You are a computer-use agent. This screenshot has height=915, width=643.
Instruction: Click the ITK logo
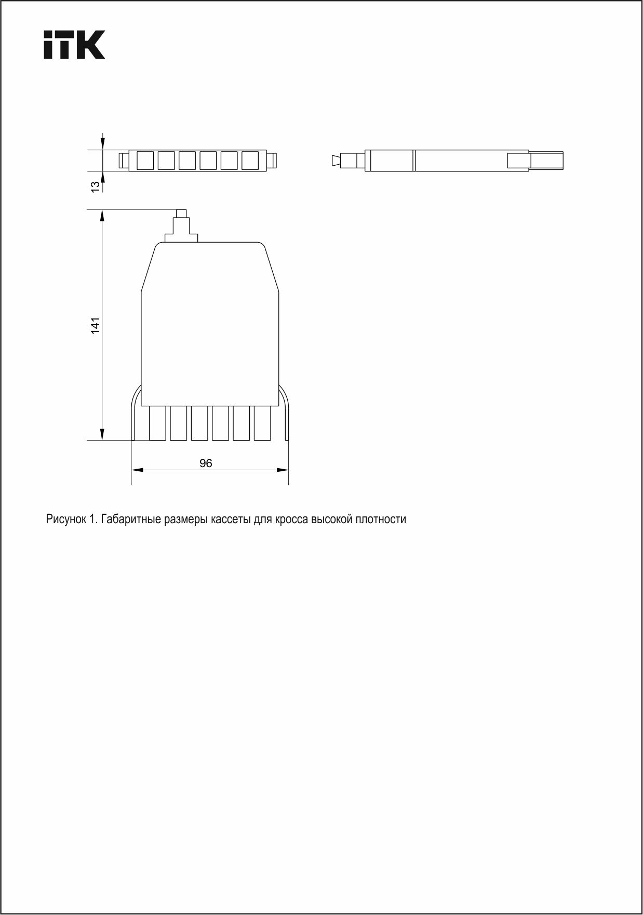[74, 45]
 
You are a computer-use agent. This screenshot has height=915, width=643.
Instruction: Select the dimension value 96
[206, 463]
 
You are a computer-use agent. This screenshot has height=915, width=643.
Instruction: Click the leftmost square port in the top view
[145, 160]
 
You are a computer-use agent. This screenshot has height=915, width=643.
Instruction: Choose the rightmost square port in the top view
[250, 160]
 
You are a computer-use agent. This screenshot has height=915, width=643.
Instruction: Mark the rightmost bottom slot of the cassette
[262, 423]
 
